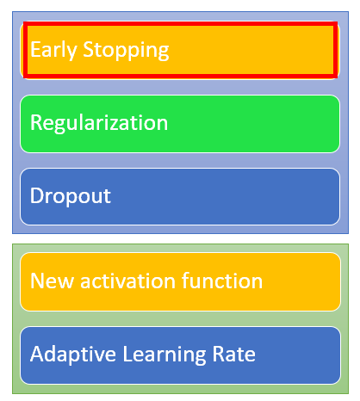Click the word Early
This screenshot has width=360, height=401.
[53, 51]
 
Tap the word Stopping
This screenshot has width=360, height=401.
[126, 51]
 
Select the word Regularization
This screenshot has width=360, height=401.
[99, 124]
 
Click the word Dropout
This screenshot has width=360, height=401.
[71, 196]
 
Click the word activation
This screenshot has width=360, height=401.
[127, 281]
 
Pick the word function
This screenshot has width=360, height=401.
[222, 280]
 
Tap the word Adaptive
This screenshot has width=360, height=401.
[73, 355]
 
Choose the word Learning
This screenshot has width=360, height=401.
[164, 355]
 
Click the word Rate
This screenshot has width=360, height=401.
[234, 354]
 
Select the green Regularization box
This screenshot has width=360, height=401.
[180, 124]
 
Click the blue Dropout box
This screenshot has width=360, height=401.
[180, 197]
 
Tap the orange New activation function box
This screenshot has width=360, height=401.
[180, 281]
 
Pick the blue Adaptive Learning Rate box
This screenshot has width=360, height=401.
[180, 355]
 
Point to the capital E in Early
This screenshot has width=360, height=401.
[35, 49]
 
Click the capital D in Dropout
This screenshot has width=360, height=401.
[37, 195]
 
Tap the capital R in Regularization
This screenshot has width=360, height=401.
[36, 122]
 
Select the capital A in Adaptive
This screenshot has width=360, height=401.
[38, 354]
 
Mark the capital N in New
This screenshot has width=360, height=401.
[37, 281]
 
